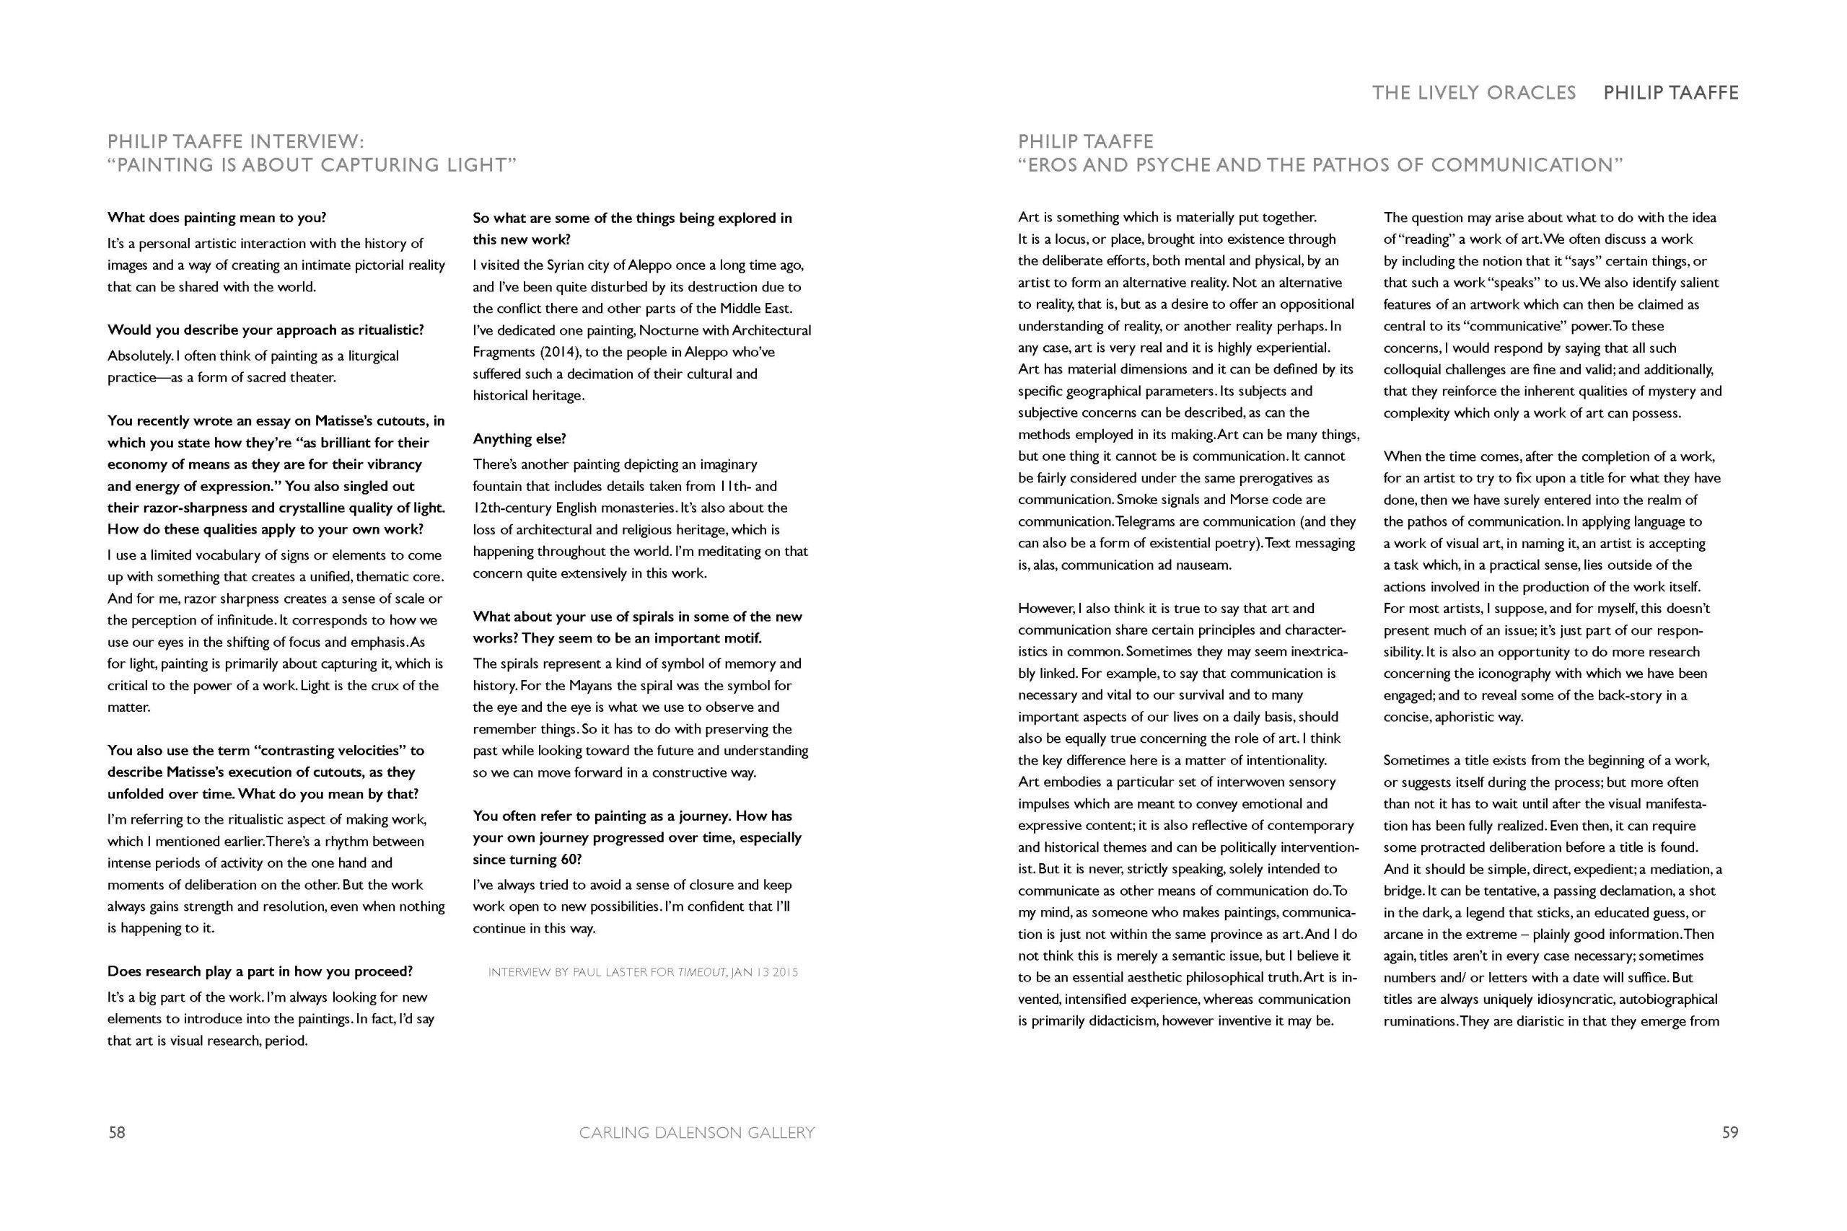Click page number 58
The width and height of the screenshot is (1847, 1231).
(116, 1132)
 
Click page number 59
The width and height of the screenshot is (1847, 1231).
(1730, 1132)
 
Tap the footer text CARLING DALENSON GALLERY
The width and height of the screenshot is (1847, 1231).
(696, 1132)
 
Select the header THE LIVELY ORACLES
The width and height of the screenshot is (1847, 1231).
(1473, 92)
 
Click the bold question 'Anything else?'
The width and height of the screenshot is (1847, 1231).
(519, 438)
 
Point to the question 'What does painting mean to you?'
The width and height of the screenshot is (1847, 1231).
(216, 218)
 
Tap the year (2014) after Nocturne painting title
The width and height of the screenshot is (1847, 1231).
(556, 352)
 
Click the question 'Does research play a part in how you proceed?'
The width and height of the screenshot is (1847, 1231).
(260, 971)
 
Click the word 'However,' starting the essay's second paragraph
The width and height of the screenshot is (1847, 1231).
(1046, 609)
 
